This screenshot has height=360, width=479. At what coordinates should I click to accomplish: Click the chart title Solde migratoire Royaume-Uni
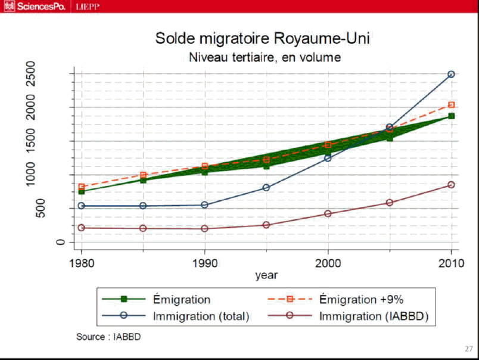click(262, 39)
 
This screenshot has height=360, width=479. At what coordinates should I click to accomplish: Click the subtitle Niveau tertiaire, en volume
click(265, 58)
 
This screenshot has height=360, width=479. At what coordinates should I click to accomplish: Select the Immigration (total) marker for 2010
click(451, 75)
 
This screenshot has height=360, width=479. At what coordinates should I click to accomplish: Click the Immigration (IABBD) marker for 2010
click(451, 185)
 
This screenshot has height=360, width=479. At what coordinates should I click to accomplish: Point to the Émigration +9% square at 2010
click(451, 105)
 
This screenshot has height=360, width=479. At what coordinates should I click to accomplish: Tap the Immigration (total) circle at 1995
click(266, 188)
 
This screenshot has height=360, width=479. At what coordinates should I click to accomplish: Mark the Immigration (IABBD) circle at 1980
click(82, 228)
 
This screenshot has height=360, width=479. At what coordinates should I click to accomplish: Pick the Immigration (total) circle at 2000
click(328, 158)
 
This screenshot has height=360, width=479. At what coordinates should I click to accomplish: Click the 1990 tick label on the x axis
click(205, 262)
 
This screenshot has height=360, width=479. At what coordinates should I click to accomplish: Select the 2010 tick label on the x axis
click(451, 262)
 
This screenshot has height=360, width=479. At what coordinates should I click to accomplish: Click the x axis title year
click(266, 275)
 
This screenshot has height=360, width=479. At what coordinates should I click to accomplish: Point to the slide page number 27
click(468, 349)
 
